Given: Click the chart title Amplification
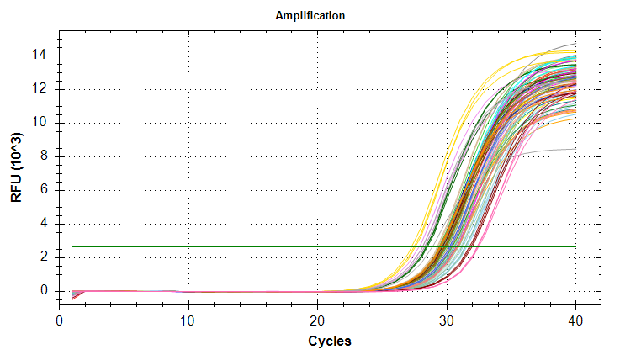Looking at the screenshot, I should (x=310, y=16).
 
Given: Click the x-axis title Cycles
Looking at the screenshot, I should (x=329, y=341).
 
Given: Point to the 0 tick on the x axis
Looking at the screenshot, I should (x=60, y=321).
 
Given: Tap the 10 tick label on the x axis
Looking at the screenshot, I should (x=188, y=321).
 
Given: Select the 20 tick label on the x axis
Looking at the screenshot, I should (x=317, y=321).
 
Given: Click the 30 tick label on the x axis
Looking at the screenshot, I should (x=446, y=321).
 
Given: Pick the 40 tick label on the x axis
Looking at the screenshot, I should (x=575, y=321).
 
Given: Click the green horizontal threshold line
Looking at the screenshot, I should (x=252, y=246).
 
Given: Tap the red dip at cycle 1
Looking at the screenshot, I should (x=74, y=297).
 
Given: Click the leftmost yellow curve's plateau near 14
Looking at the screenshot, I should (x=555, y=52).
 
